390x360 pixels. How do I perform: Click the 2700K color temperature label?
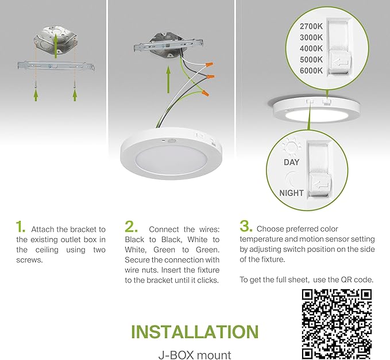[312, 26]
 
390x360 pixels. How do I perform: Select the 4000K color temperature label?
[312, 48]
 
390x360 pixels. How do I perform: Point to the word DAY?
[291, 163]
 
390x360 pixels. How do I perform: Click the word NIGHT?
[291, 193]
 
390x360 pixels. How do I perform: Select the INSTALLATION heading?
[194, 332]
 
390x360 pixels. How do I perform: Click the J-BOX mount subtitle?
[194, 355]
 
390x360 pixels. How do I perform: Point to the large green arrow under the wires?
[168, 78]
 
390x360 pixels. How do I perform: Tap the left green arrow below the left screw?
[36, 94]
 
